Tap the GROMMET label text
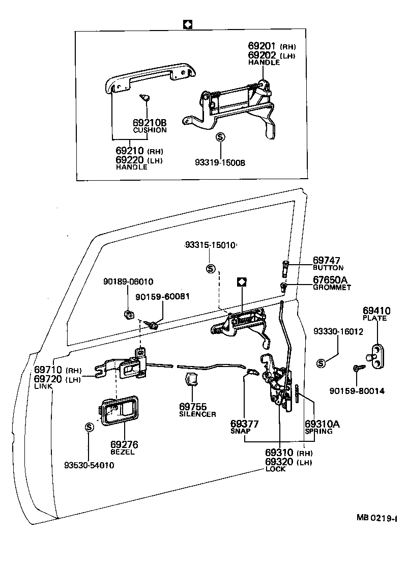[332, 288]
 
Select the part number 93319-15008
[220, 163]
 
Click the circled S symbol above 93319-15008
[220, 137]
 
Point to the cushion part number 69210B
[150, 123]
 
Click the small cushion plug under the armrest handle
[144, 96]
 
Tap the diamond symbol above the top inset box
[187, 24]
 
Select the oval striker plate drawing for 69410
[376, 352]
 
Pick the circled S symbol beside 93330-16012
[321, 363]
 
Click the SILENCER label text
[197, 414]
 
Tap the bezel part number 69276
[124, 445]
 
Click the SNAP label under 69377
[241, 431]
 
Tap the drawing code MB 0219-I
[376, 518]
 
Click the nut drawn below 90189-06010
[129, 314]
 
